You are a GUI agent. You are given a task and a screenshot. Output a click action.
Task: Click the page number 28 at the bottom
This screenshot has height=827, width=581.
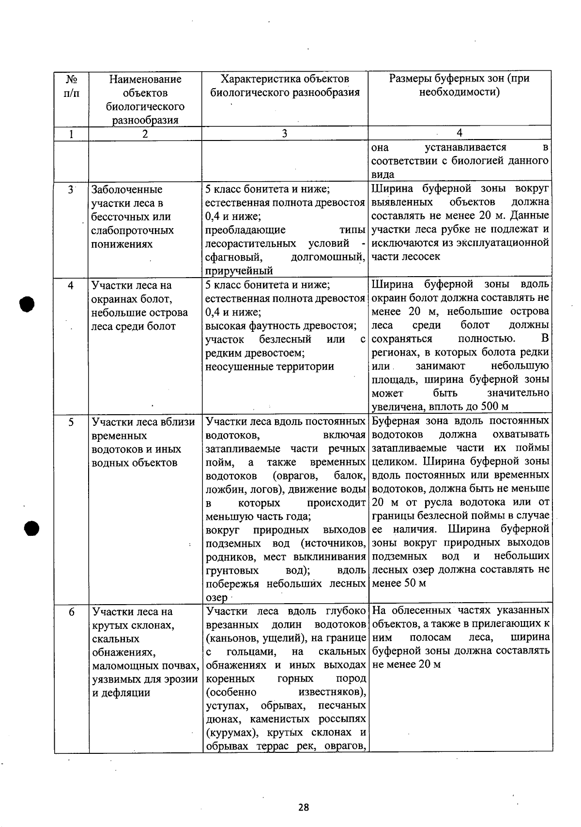click(x=304, y=807)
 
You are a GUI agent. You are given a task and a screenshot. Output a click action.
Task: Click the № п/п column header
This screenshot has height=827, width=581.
click(x=71, y=86)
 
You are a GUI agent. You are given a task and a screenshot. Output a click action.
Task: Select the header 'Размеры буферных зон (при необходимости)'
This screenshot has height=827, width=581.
click(x=459, y=85)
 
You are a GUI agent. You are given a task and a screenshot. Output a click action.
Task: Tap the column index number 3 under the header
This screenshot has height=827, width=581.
click(x=284, y=134)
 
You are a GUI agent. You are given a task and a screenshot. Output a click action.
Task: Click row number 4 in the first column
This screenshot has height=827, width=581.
click(x=71, y=285)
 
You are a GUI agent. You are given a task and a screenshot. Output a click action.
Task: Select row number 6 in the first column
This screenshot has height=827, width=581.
click(x=71, y=612)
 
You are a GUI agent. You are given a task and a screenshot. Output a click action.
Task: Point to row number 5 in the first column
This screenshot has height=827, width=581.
click(x=71, y=422)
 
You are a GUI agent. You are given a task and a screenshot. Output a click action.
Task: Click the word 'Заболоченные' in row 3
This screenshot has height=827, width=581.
click(x=127, y=189)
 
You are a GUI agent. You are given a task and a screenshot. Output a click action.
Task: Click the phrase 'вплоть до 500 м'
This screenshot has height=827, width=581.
click(x=468, y=406)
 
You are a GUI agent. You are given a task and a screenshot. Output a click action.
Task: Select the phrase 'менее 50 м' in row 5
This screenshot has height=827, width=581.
click(x=399, y=583)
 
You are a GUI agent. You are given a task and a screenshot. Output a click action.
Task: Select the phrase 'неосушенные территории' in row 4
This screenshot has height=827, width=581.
click(x=270, y=367)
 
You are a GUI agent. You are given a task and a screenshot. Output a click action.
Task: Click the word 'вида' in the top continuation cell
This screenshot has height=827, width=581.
click(x=382, y=174)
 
